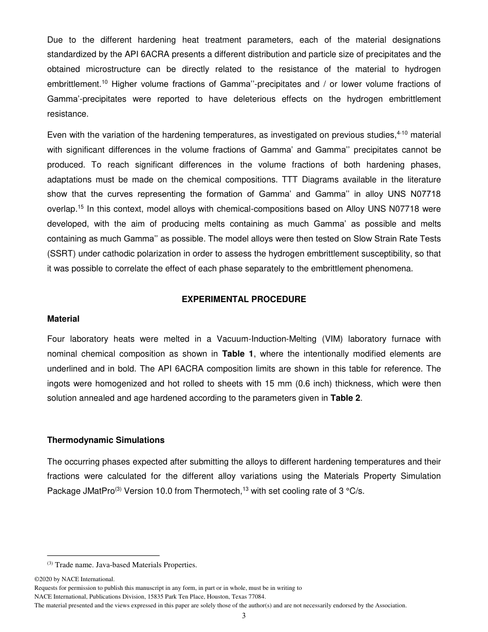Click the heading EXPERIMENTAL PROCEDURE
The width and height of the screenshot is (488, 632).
243,300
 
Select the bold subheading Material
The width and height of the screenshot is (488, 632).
63,319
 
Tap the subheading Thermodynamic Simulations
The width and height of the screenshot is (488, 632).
106,440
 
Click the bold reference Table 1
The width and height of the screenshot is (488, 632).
236,354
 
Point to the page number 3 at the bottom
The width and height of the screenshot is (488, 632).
243,616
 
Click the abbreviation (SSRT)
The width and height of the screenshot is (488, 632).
63,254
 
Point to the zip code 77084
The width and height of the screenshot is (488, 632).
256,597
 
